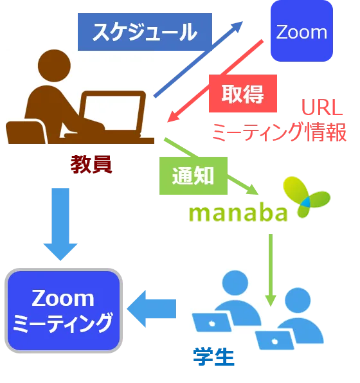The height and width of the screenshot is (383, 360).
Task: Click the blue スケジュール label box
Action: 145,31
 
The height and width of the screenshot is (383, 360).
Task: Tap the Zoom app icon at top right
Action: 301,31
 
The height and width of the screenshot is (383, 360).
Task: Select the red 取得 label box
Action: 243,93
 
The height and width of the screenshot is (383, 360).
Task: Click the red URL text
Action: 322,107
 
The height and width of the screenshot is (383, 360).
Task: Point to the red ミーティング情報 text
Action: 280,132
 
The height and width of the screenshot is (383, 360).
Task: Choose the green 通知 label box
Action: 194,175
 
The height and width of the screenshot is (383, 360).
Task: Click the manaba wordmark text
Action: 238,213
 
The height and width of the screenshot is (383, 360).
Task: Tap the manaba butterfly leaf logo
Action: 307,197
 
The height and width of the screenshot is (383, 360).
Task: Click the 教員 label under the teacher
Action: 91,164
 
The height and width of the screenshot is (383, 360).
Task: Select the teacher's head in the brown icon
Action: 54,66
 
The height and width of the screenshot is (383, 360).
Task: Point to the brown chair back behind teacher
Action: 26,131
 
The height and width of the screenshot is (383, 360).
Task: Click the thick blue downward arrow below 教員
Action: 60,224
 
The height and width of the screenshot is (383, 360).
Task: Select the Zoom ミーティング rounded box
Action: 64,310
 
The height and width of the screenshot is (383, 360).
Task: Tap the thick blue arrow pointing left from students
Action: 152,308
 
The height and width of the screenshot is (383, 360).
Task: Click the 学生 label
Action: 213,357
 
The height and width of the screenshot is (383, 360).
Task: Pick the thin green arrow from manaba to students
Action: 271,270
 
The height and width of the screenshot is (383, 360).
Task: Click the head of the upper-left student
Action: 235,283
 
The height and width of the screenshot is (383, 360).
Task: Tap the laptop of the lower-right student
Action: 274,340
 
